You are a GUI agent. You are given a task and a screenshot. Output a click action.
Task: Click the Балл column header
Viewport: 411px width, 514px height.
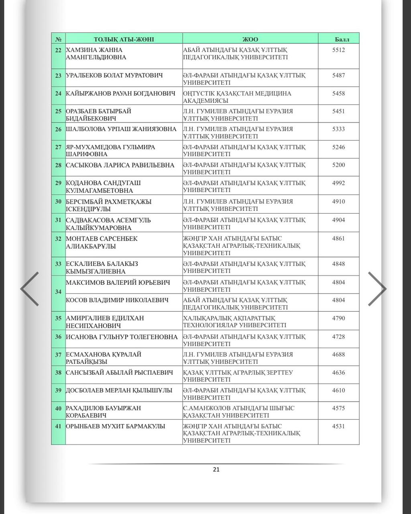(x=342, y=39)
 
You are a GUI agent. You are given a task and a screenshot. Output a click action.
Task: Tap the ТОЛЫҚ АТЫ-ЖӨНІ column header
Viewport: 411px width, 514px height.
(x=124, y=39)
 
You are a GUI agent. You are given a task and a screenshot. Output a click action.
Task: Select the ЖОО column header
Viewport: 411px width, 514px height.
(x=250, y=39)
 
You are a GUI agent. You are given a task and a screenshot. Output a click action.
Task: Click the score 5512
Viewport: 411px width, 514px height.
(x=338, y=50)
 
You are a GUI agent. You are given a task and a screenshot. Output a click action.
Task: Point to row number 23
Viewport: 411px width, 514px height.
(x=59, y=75)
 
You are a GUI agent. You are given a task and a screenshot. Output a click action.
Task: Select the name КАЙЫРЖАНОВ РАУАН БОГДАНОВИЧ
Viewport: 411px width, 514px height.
(x=120, y=94)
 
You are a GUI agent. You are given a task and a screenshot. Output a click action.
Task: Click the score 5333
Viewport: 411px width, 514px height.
(x=338, y=129)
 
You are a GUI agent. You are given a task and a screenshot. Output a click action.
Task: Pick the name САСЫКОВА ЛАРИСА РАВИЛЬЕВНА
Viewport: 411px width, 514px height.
(x=120, y=165)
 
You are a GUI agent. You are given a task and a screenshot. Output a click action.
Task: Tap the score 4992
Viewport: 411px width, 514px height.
(x=338, y=183)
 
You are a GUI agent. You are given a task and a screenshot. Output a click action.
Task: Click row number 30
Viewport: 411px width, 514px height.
(x=59, y=202)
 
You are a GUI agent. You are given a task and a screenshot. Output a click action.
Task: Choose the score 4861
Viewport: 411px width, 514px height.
(x=338, y=239)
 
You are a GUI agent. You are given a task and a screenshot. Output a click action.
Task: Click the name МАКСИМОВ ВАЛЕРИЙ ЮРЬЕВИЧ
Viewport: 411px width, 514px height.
(x=118, y=283)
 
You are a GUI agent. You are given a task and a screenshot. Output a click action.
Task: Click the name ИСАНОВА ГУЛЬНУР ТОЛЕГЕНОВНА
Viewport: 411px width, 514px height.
(x=122, y=337)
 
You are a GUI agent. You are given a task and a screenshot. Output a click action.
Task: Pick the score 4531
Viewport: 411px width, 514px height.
(x=338, y=426)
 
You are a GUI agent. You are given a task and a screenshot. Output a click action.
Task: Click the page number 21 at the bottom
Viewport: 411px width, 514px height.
(x=216, y=469)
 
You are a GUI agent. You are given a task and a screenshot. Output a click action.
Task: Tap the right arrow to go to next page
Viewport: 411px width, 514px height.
(x=377, y=289)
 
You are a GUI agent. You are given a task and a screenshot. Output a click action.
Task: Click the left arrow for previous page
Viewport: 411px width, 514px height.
(x=30, y=289)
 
